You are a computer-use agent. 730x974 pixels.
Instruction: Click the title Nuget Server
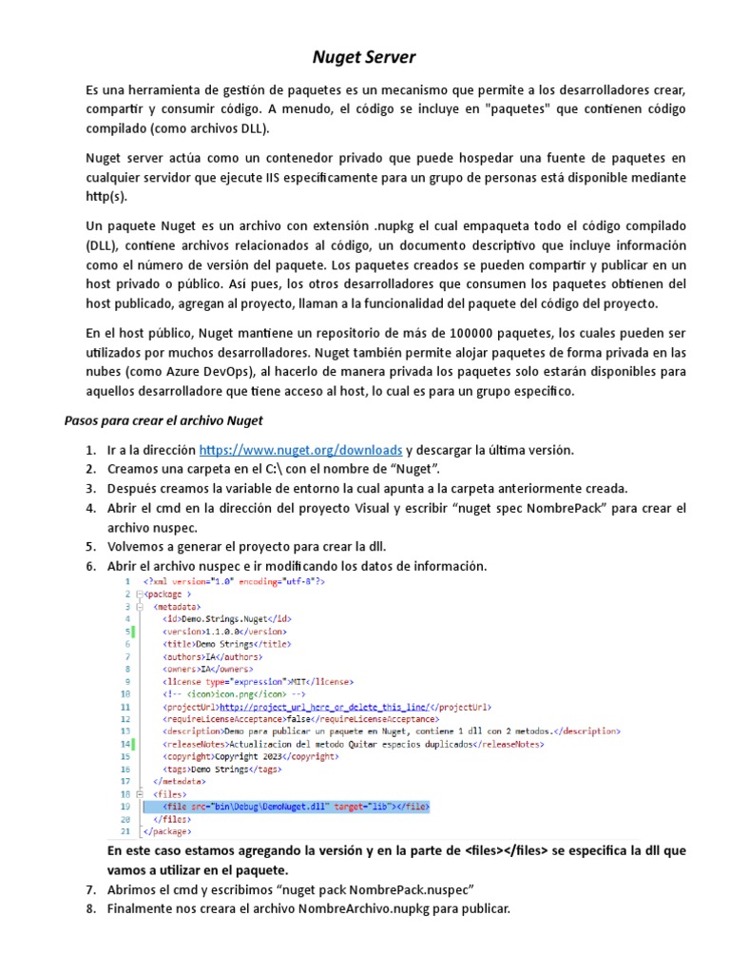click(364, 57)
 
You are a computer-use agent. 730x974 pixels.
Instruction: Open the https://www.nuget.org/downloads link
click(301, 450)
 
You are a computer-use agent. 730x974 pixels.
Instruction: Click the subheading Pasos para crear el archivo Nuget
click(163, 420)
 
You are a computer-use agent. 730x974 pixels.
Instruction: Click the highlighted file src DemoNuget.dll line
click(285, 807)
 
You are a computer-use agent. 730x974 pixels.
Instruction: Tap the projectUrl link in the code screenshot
click(326, 708)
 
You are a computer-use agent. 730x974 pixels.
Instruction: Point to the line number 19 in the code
click(125, 807)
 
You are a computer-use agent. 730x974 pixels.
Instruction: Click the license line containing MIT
click(257, 681)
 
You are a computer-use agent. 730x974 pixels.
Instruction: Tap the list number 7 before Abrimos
click(90, 889)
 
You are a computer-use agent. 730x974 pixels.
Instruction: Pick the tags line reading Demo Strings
click(222, 769)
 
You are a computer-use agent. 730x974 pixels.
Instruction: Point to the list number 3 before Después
click(90, 489)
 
